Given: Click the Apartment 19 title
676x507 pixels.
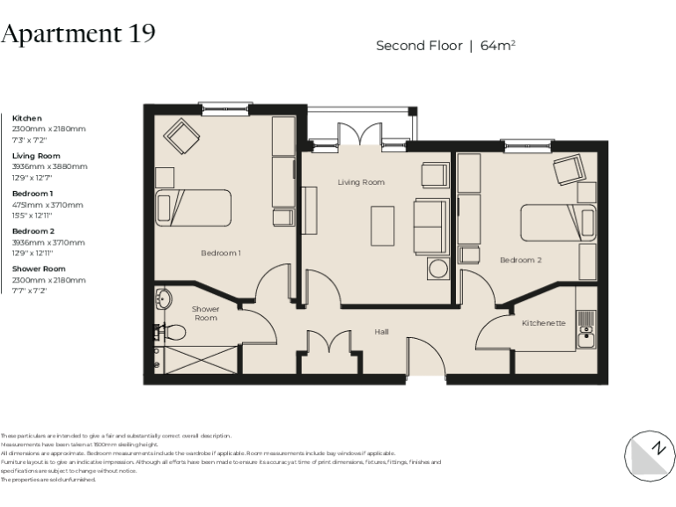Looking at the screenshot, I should (x=78, y=33).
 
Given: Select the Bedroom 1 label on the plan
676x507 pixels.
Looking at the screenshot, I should (x=221, y=253).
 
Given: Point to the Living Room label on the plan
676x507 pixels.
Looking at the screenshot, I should (x=361, y=182).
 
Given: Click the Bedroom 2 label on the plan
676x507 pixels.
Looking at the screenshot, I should (x=520, y=260).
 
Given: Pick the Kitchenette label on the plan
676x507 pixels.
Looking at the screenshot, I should (x=543, y=323).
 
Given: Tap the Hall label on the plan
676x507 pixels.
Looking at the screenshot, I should (x=381, y=332).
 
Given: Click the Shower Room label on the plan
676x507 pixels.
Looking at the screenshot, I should (x=205, y=313).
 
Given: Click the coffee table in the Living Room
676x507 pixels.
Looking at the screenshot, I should (x=382, y=225).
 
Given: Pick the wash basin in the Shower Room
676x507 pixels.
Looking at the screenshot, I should (x=163, y=300).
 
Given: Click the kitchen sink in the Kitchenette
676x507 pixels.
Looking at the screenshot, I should (x=586, y=335).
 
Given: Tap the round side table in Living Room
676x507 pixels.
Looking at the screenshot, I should (x=439, y=268).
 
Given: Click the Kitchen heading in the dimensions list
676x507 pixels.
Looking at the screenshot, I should (x=26, y=118).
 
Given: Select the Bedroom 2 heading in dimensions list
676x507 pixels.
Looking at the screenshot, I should (x=33, y=231).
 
